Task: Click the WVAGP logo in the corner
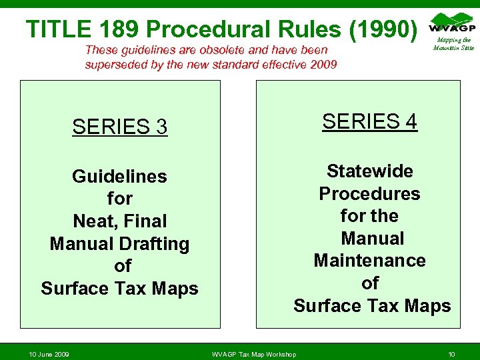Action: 453,25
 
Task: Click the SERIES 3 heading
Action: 120,127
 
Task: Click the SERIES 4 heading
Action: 370,121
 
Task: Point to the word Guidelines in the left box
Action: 119,177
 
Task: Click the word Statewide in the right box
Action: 370,171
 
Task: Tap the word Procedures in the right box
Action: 369,194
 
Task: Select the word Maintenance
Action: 369,261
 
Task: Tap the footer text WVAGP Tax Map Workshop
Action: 253,354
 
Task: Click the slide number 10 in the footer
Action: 451,354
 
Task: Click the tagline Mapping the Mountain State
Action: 453,44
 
